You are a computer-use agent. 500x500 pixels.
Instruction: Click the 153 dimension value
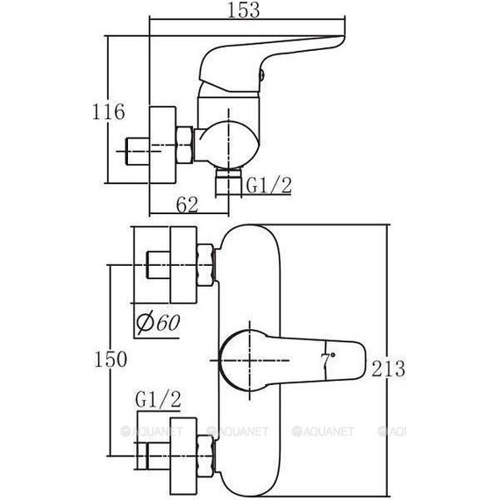coord(243,10)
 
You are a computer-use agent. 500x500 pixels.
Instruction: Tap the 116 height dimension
coord(109,111)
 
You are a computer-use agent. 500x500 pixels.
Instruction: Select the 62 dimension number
coord(187,204)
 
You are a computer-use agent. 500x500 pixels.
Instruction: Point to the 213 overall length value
coord(388,368)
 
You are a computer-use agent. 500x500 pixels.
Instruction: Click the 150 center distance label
coord(111,359)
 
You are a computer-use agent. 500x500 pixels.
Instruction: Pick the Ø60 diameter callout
coord(158,323)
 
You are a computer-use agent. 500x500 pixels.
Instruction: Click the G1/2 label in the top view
coord(269,186)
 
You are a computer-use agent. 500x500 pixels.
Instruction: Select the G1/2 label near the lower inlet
coord(158,399)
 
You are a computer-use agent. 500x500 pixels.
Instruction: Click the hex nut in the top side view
coord(184,145)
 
